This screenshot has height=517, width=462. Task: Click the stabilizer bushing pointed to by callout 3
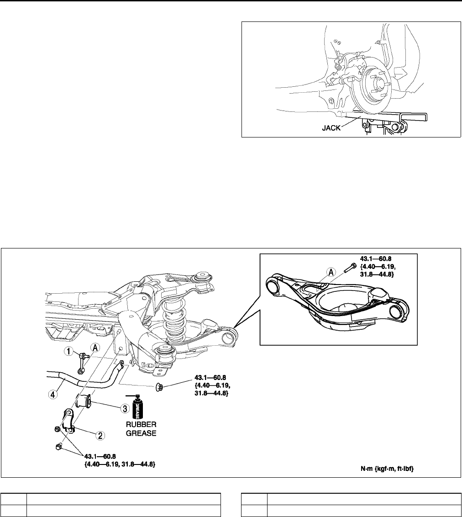click(x=85, y=401)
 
